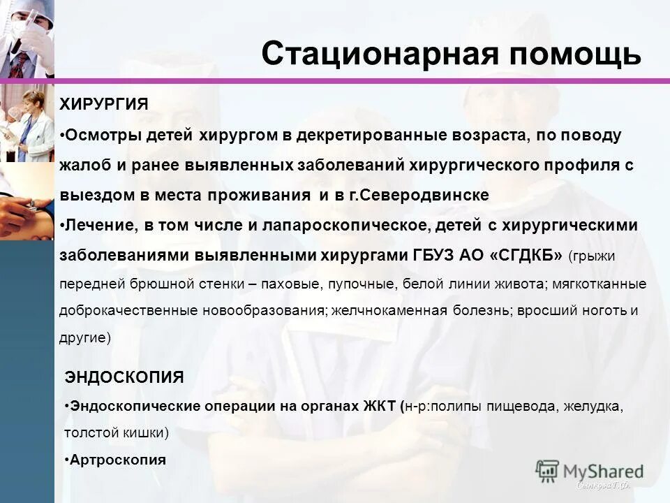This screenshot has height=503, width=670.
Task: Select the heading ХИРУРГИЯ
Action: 103,104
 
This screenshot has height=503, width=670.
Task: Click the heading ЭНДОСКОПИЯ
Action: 124,377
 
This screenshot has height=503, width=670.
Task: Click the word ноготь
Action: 605,310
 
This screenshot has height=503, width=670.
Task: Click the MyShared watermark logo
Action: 590,470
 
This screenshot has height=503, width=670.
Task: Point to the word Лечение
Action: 92,226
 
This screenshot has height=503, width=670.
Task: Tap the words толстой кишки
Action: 116,432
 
